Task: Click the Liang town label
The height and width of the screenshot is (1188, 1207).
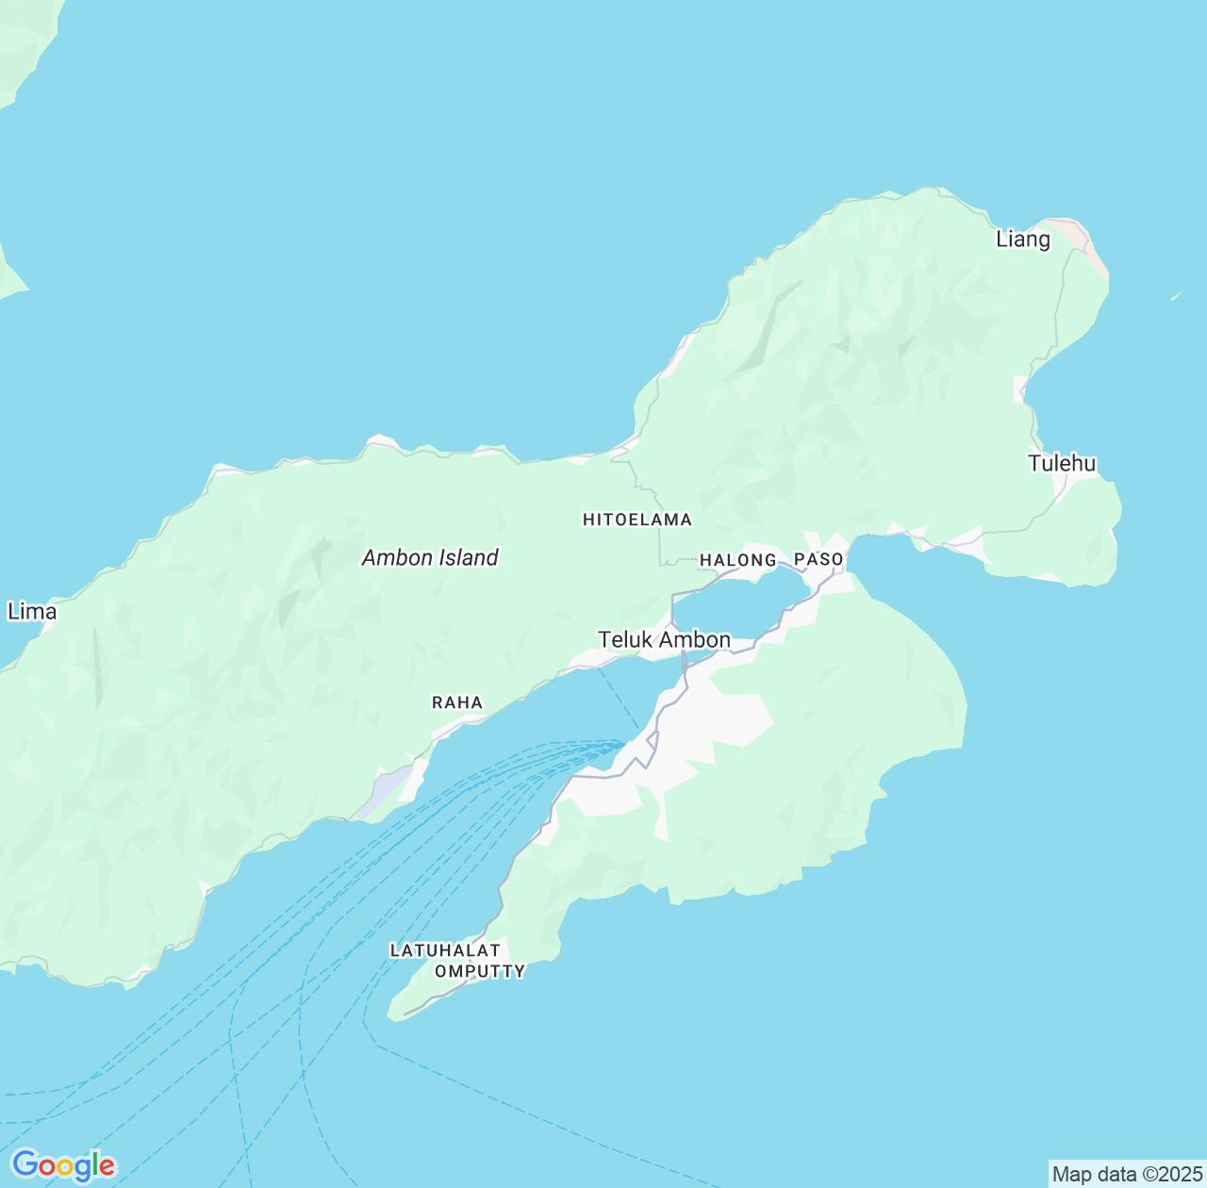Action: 1023,239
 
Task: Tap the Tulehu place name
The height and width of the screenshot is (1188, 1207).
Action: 1062,463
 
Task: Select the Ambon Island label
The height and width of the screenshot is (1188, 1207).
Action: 430,558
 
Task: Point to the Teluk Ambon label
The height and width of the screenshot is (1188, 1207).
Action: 664,640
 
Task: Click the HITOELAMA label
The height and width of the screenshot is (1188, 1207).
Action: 637,520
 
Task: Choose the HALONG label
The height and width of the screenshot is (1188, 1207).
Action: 737,560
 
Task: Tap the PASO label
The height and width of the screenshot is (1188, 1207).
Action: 818,559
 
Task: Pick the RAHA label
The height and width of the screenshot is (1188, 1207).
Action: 457,702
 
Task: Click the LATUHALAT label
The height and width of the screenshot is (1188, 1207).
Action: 444,950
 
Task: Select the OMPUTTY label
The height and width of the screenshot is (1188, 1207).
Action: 480,971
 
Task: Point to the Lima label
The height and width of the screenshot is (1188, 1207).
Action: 32,612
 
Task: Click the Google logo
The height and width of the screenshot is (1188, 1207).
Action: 63,1165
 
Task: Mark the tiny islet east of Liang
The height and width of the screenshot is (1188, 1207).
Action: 1176,296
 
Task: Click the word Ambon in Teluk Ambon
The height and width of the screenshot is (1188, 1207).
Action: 694,640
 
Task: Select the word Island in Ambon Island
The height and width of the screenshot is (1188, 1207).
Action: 464,558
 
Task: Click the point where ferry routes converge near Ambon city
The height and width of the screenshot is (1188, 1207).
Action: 622,743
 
